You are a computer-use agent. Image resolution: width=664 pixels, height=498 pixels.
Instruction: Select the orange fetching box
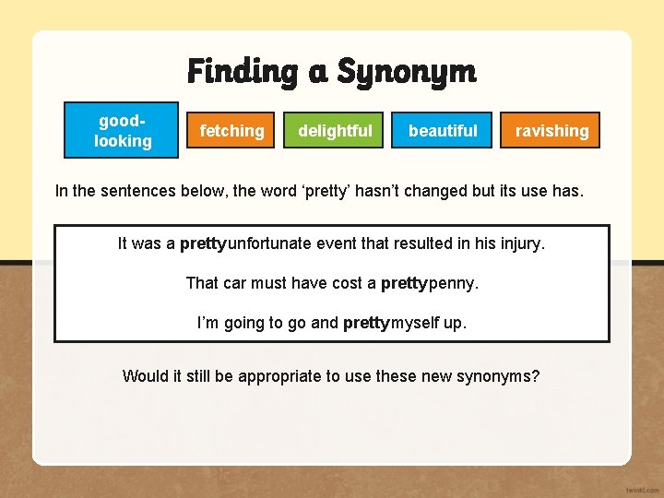point(231,131)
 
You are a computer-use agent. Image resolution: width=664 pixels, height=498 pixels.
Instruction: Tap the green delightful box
point(335,131)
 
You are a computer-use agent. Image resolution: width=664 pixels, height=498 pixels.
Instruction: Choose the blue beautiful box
point(443,131)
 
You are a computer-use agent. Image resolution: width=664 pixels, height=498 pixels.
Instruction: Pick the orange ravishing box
point(551,131)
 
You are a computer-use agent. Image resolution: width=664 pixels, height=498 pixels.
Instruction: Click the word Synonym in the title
point(406,71)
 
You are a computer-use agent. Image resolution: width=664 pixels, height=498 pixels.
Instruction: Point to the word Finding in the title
point(242,71)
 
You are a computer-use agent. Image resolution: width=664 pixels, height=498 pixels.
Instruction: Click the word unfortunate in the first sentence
point(271,244)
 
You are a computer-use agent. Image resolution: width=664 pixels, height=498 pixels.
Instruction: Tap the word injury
point(522,244)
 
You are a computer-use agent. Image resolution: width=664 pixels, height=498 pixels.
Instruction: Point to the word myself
point(418,323)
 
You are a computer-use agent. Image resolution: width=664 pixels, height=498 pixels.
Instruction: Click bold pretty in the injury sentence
point(203,244)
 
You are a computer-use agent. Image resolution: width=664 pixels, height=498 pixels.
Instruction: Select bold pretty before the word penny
point(404,283)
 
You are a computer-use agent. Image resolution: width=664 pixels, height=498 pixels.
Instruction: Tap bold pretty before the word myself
point(366,323)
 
